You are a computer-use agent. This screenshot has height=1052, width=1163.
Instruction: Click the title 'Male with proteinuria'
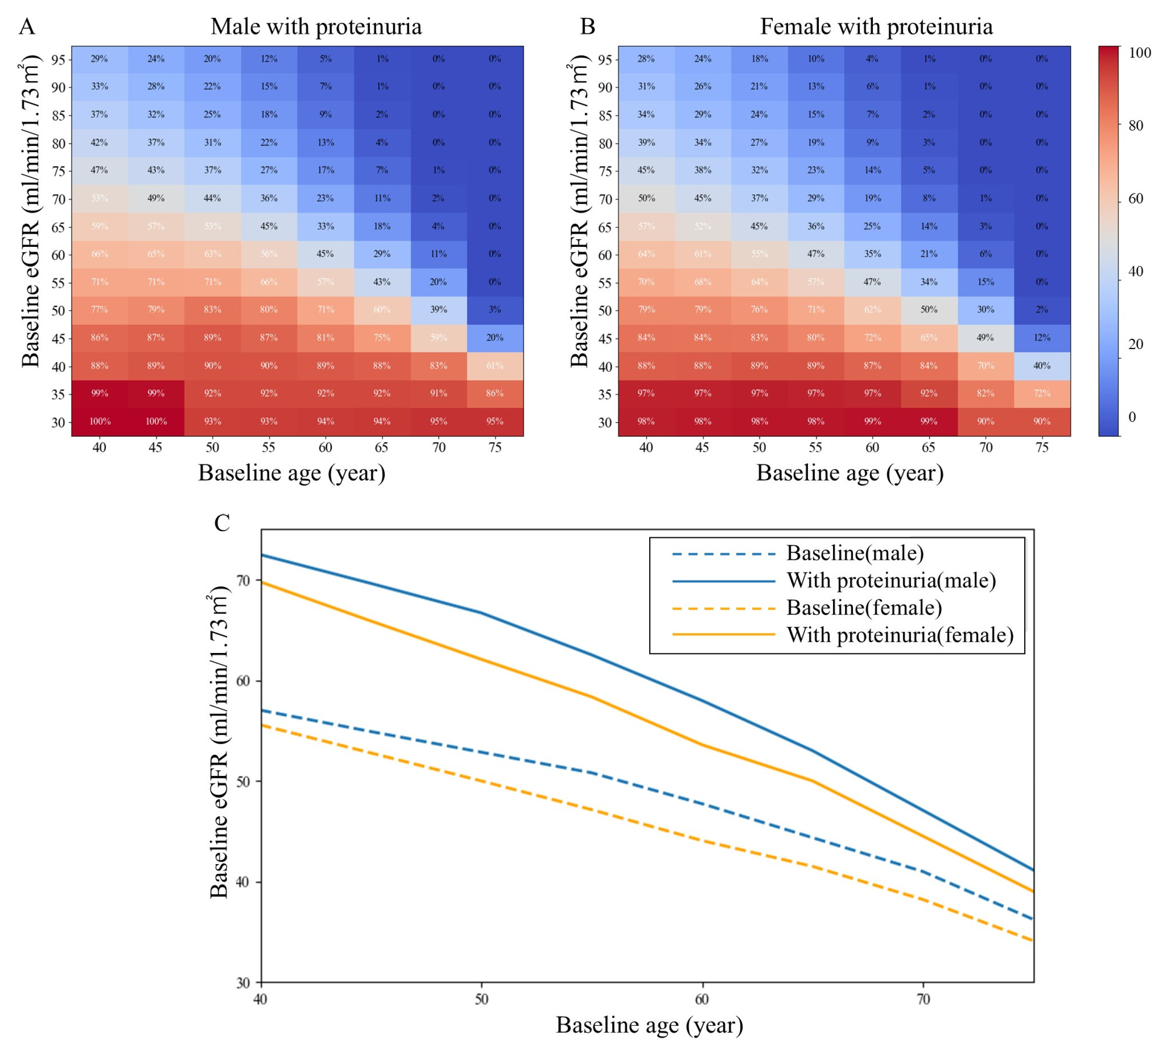(316, 27)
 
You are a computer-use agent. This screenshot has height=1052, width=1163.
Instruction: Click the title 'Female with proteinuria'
(876, 27)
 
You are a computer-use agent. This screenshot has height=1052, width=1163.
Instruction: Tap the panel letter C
(222, 523)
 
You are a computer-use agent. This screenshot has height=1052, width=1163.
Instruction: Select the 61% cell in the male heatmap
(495, 366)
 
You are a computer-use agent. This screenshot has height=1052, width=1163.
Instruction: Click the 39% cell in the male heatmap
(439, 310)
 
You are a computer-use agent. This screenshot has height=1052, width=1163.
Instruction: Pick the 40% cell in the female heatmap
(1042, 366)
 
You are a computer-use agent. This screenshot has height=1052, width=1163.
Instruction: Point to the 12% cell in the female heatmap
(1042, 338)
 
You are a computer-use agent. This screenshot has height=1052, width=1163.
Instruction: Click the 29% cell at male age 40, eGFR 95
(99, 59)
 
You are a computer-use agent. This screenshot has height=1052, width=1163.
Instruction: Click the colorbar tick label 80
(1135, 126)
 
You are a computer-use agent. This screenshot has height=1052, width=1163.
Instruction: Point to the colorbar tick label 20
(1135, 344)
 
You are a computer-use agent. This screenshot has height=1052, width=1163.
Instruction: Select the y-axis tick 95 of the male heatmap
(58, 59)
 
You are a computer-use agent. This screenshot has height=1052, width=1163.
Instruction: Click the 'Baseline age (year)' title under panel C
(650, 1025)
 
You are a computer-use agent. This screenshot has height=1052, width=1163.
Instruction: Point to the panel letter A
(27, 27)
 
